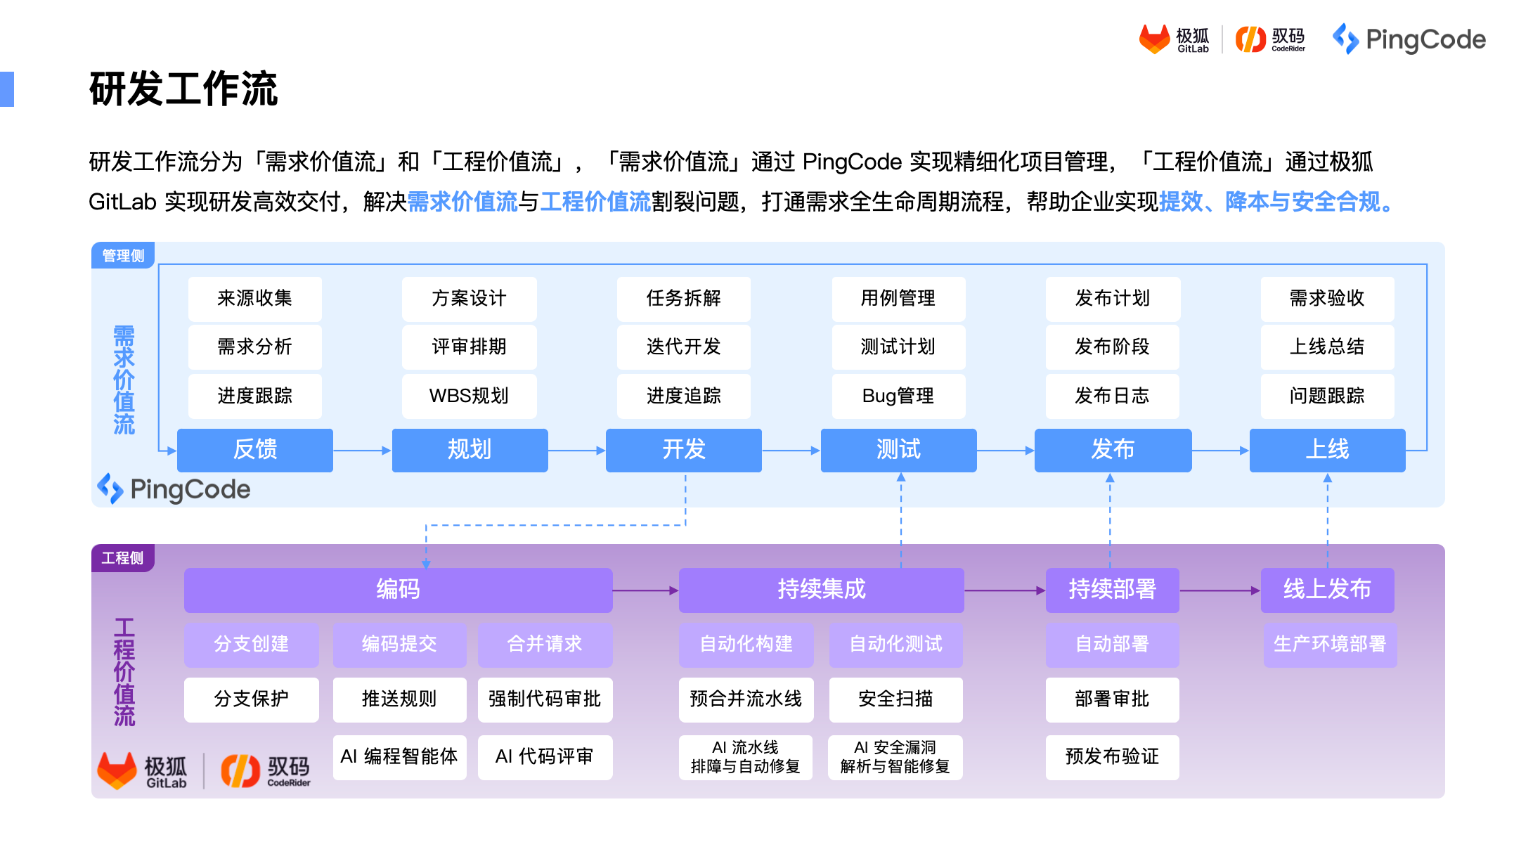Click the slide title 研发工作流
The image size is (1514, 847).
pyautogui.click(x=183, y=89)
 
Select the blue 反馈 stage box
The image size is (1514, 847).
pyautogui.click(x=254, y=450)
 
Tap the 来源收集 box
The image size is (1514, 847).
pyautogui.click(x=254, y=299)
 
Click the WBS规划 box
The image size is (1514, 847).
pyautogui.click(x=469, y=396)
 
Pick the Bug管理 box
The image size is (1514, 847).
pyautogui.click(x=898, y=396)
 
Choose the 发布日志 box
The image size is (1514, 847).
pyautogui.click(x=1112, y=396)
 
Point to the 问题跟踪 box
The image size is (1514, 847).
pyautogui.click(x=1326, y=396)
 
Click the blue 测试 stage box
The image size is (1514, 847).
pyautogui.click(x=898, y=450)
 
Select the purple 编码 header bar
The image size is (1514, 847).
pyautogui.click(x=398, y=589)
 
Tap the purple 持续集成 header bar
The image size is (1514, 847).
pyautogui.click(x=821, y=589)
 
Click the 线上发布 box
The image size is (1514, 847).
pyautogui.click(x=1326, y=589)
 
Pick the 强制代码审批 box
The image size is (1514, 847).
pyautogui.click(x=545, y=699)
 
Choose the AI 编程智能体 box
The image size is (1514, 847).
pyautogui.click(x=399, y=757)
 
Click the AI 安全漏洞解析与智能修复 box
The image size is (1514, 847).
pyautogui.click(x=895, y=757)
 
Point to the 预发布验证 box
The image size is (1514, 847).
pyautogui.click(x=1112, y=757)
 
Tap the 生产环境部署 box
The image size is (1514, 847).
pyautogui.click(x=1329, y=644)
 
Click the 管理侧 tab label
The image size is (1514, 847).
pyautogui.click(x=123, y=256)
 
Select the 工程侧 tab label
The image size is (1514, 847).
pyautogui.click(x=122, y=558)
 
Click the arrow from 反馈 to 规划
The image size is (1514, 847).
pyautogui.click(x=362, y=450)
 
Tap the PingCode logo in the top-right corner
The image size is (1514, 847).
pyautogui.click(x=1409, y=39)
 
